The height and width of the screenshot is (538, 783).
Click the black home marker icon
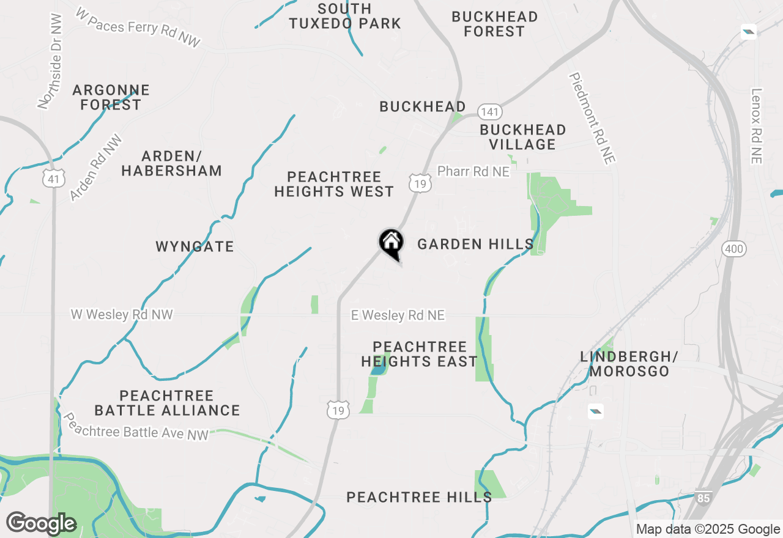(391, 242)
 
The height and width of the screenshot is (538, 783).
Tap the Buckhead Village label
(522, 137)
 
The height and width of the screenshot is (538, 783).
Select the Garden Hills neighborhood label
(475, 245)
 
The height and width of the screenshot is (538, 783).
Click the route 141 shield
(490, 112)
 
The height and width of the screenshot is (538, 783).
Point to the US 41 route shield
(54, 179)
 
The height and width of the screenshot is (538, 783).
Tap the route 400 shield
(733, 248)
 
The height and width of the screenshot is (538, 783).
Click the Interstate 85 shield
(703, 498)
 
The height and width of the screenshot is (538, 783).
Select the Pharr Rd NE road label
(473, 172)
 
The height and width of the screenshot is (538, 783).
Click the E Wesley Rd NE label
(398, 315)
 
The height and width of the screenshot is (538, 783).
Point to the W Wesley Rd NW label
(122, 315)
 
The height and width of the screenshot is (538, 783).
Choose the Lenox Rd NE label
(757, 126)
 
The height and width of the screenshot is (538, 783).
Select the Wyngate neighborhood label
(195, 247)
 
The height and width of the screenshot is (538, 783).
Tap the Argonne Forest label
(111, 98)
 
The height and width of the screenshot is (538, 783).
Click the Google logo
(41, 523)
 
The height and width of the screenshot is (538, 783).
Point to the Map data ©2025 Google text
(708, 529)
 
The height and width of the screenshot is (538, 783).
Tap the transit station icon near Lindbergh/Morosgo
(596, 411)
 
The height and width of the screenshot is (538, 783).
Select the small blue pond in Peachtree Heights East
(378, 369)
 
